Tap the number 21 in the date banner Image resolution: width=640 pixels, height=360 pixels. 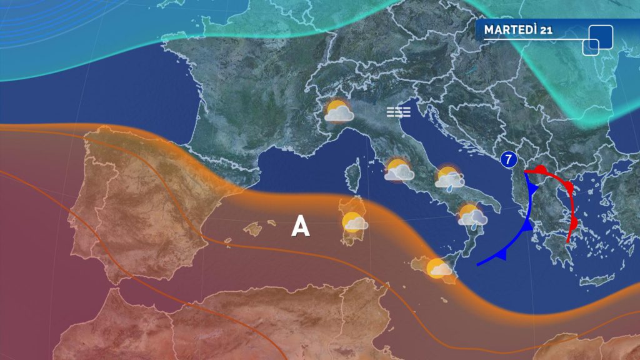[x=544, y=29]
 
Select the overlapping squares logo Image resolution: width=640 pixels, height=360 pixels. [x=598, y=39]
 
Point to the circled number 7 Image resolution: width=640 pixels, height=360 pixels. [x=509, y=159]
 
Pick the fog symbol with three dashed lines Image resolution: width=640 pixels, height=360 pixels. [x=398, y=112]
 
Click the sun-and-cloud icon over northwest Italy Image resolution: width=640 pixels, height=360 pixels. [x=339, y=111]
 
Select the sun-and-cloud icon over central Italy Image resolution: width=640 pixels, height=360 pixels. [x=399, y=170]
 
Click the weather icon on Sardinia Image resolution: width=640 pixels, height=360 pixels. [x=354, y=222]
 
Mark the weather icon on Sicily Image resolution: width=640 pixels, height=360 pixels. [x=438, y=268]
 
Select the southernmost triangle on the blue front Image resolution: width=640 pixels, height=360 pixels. [x=501, y=253]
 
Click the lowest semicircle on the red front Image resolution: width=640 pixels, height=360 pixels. [x=574, y=223]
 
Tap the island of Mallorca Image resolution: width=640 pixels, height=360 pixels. [x=253, y=229]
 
